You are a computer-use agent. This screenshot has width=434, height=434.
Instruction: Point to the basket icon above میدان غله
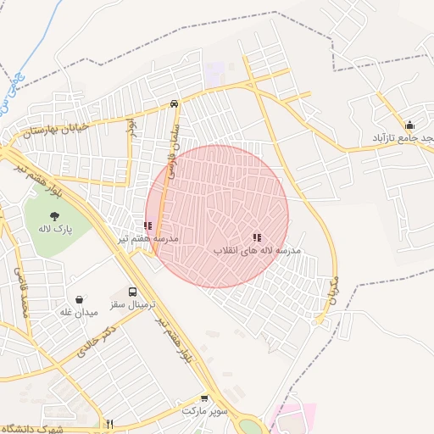(x=79, y=299)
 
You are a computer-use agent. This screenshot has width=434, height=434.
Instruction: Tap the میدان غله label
(x=79, y=312)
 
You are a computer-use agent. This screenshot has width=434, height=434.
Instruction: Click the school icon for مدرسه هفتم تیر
(x=147, y=226)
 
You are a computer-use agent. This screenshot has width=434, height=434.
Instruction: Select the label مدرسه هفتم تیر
(x=148, y=239)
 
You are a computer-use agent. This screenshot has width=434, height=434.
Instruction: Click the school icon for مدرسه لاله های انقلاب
(x=256, y=238)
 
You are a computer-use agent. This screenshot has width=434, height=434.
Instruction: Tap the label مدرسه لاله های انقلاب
(x=257, y=251)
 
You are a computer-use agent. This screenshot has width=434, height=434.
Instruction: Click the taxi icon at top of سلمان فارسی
(x=174, y=103)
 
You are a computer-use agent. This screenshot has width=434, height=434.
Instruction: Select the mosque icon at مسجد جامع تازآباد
(x=409, y=125)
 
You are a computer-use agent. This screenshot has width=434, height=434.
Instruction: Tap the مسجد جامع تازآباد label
(x=403, y=137)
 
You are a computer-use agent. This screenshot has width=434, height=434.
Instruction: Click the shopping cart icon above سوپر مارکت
(x=204, y=398)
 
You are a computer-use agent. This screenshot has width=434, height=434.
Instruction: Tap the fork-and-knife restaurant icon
(x=109, y=424)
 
